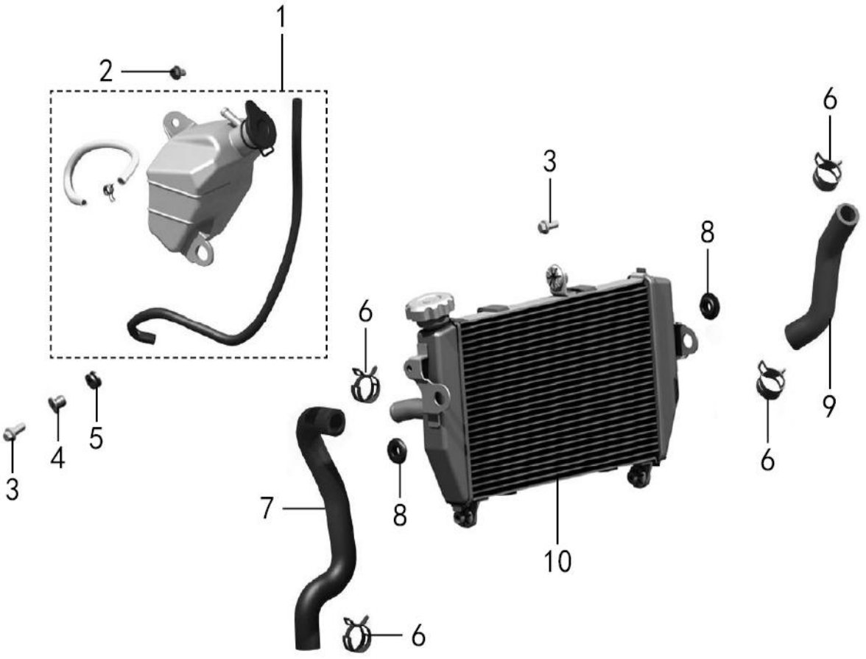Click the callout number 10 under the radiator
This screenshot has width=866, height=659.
[x=557, y=560]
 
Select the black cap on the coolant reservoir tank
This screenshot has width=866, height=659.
[x=259, y=128]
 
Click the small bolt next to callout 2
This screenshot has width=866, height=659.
[x=177, y=72]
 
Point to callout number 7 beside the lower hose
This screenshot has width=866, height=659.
[x=267, y=508]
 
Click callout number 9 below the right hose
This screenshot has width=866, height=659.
[x=828, y=405]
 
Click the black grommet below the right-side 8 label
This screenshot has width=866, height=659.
[x=710, y=306]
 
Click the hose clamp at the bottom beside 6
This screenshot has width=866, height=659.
[x=358, y=634]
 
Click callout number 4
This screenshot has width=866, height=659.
[x=57, y=458]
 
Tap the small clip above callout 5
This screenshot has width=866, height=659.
[x=94, y=381]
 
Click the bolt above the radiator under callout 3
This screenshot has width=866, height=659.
[x=548, y=226]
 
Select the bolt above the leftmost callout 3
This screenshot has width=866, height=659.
[x=14, y=432]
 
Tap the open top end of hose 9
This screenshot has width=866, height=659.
[x=847, y=213]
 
